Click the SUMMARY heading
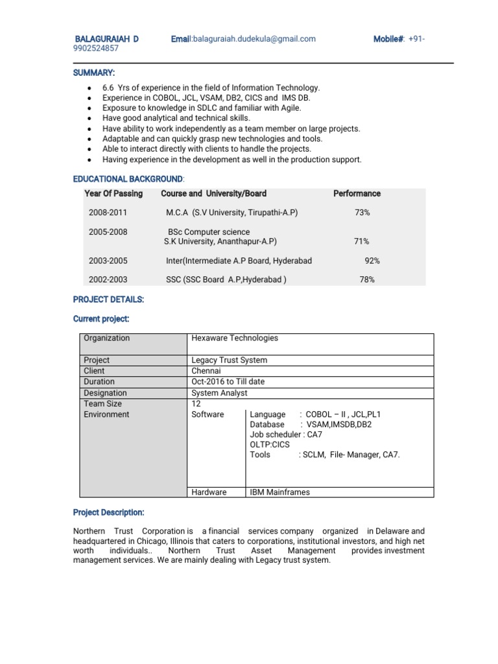tap(94, 72)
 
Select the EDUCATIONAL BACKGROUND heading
tap(128, 178)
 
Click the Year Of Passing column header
tap(113, 193)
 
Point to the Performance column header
tap(357, 193)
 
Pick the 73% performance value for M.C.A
tap(362, 213)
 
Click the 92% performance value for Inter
tap(372, 261)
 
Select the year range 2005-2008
tap(108, 232)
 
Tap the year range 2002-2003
tap(108, 280)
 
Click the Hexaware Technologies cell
tap(235, 338)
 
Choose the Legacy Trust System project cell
tap(230, 360)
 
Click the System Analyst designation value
tap(219, 393)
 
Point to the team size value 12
tap(196, 403)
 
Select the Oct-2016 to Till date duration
tap(228, 382)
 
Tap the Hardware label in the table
tap(209, 492)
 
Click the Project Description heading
tap(108, 512)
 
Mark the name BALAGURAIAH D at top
tap(108, 39)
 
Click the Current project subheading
tap(101, 319)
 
